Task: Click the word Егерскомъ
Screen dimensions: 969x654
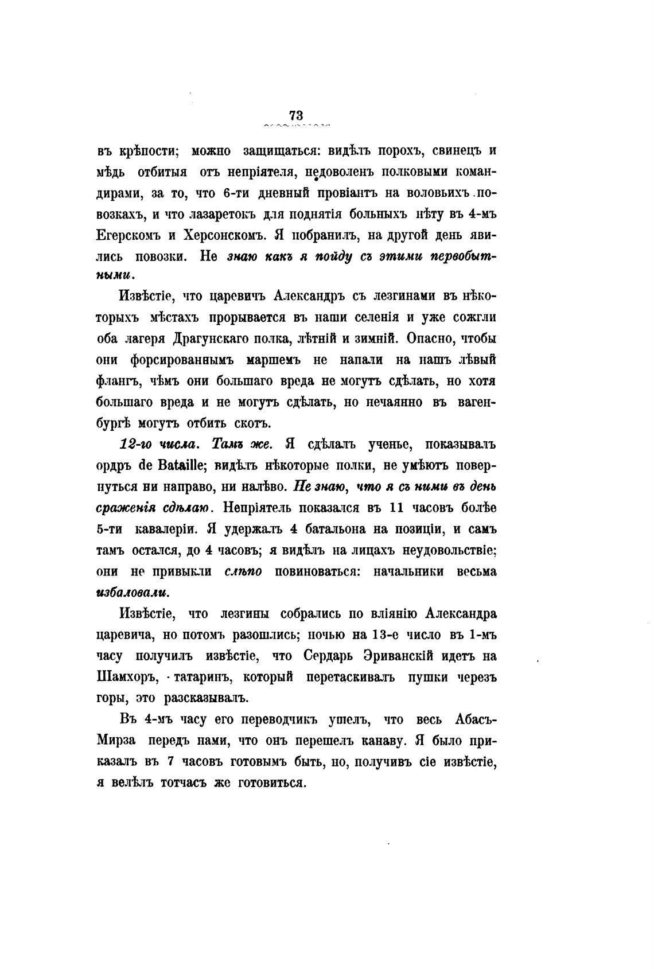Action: [129, 235]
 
